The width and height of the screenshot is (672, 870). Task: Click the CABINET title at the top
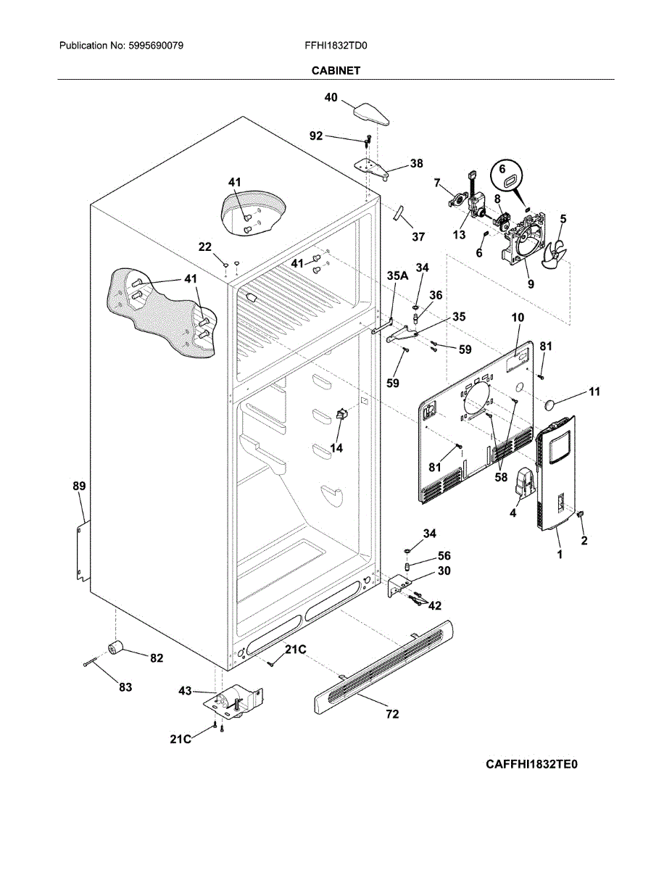click(336, 70)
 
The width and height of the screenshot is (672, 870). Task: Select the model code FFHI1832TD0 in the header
click(336, 46)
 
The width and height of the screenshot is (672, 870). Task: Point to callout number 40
click(331, 97)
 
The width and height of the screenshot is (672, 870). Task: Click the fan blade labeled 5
click(560, 250)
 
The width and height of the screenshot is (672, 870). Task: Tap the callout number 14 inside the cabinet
click(336, 448)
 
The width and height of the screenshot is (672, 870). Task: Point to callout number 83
click(125, 687)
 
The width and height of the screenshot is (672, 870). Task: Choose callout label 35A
click(397, 275)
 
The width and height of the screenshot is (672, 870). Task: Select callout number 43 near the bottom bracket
click(186, 692)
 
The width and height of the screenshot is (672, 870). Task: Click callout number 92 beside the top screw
click(316, 136)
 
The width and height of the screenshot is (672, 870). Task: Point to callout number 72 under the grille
click(392, 714)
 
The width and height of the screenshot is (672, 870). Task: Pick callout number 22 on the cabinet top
click(205, 246)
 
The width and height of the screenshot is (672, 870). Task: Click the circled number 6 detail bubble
click(506, 175)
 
